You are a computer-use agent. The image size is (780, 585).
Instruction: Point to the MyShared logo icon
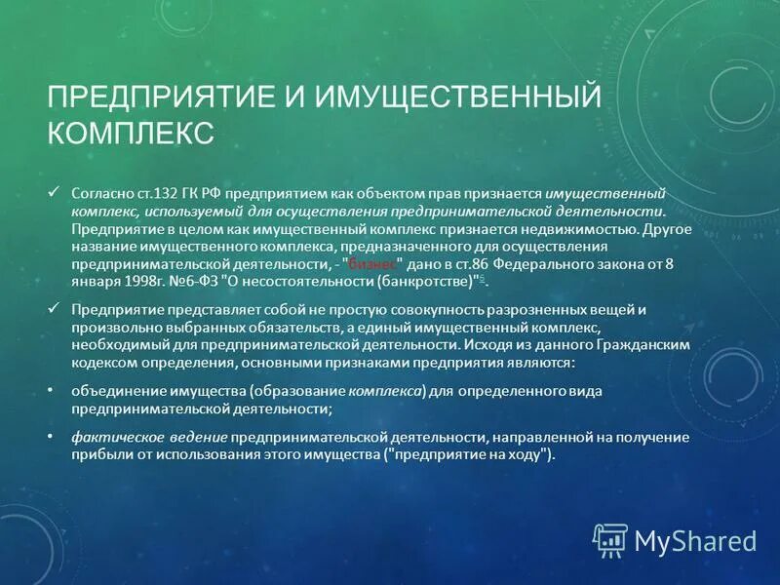[x=609, y=539]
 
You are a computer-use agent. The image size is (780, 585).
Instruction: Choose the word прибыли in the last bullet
[x=98, y=455]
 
